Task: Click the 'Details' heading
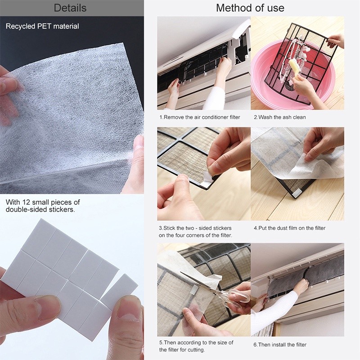tap(70, 8)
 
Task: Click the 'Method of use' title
tap(250, 8)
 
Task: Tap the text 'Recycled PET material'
tap(42, 26)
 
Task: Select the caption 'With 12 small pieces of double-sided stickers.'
tap(43, 206)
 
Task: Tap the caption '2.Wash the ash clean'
tap(279, 117)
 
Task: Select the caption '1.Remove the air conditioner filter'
tap(200, 117)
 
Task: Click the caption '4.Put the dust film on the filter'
tap(289, 228)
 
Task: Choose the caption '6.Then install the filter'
tap(280, 345)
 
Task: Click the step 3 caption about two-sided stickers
tap(195, 232)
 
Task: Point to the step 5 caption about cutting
tap(196, 346)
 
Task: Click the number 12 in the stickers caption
tap(26, 202)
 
